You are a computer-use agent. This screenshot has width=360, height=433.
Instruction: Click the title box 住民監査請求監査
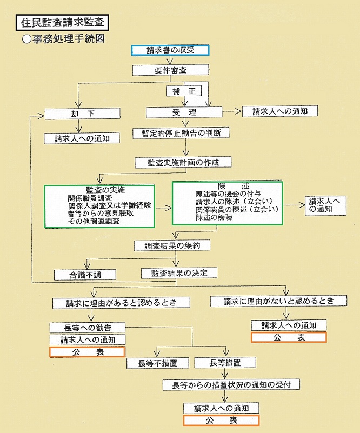point(62,22)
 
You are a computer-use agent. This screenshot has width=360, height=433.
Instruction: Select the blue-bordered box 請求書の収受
point(170,50)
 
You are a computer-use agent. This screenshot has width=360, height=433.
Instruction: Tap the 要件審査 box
point(170,70)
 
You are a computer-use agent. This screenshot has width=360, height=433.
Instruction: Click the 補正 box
point(184,91)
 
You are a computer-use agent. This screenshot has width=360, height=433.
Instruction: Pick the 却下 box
point(82,114)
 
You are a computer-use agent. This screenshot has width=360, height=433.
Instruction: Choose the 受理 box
point(184,112)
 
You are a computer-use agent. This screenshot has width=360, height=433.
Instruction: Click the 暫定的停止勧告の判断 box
point(181,133)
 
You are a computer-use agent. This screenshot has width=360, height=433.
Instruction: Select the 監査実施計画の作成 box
point(183,162)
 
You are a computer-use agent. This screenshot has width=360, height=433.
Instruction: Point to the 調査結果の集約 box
point(172,245)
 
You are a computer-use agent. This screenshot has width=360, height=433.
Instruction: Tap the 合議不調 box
point(85,275)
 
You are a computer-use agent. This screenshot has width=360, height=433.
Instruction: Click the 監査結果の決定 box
point(179,273)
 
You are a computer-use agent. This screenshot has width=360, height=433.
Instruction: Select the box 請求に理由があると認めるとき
point(121,303)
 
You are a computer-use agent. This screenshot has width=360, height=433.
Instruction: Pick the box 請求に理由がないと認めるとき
point(278,301)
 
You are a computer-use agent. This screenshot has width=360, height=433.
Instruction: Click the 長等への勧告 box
point(88,328)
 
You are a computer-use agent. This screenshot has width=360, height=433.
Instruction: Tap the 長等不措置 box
point(158,363)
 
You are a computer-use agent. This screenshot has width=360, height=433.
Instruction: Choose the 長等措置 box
point(225,362)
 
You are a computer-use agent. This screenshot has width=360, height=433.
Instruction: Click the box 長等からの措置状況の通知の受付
point(231,384)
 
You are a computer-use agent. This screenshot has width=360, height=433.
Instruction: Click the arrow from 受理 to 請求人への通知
point(232,111)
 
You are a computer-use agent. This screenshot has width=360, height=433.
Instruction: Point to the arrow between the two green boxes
point(163,208)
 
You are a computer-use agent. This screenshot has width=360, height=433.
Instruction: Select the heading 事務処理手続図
point(63,39)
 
